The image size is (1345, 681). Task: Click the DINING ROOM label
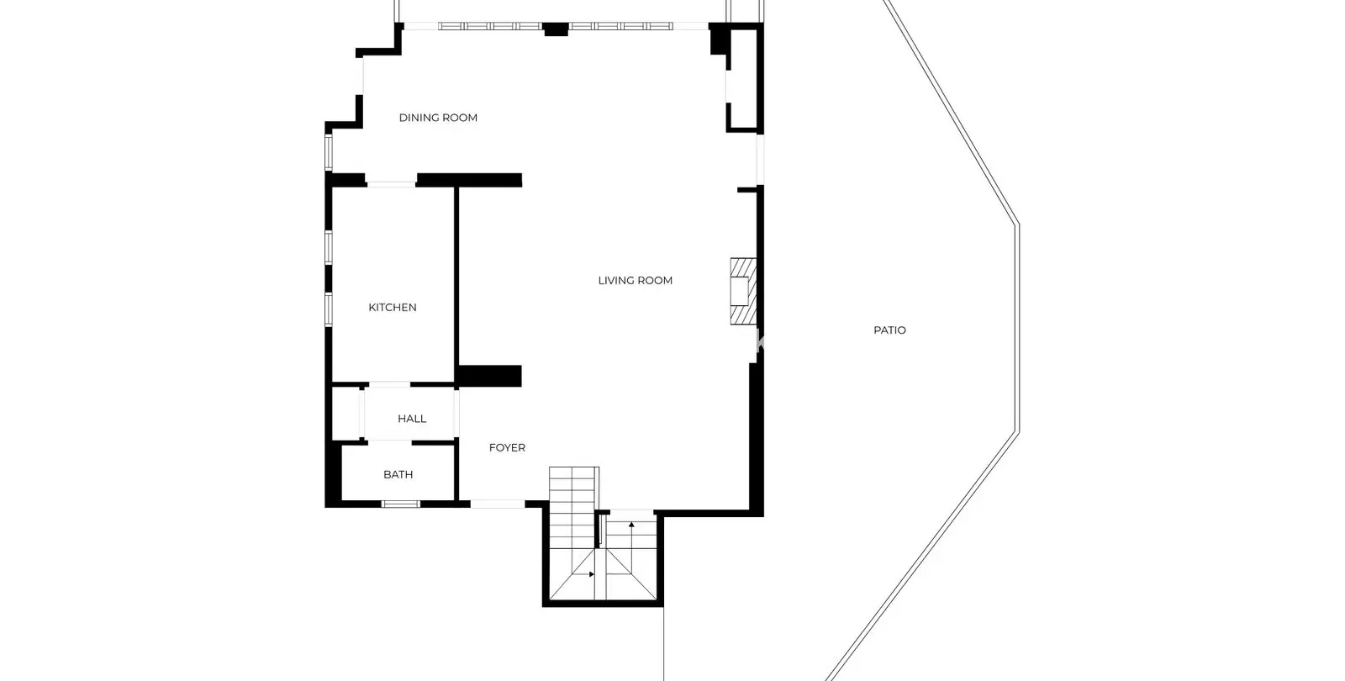(438, 118)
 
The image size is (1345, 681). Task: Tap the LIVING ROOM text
(636, 281)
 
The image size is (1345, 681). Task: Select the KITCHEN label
(393, 308)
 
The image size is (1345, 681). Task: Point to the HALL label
(412, 419)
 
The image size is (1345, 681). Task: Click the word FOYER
(508, 447)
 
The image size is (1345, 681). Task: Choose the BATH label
(398, 474)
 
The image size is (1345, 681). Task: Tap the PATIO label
(890, 330)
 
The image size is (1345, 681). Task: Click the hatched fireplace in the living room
(743, 291)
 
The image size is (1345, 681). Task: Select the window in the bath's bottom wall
(401, 504)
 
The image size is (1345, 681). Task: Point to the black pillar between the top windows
(556, 29)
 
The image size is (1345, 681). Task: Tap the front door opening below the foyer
(497, 504)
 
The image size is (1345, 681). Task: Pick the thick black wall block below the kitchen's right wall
(488, 376)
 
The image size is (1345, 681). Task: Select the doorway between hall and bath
(390, 442)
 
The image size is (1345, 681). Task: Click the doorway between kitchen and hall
(390, 384)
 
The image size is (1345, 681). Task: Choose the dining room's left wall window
(329, 152)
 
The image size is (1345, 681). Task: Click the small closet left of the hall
(346, 414)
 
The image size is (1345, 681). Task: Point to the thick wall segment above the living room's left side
(469, 180)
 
